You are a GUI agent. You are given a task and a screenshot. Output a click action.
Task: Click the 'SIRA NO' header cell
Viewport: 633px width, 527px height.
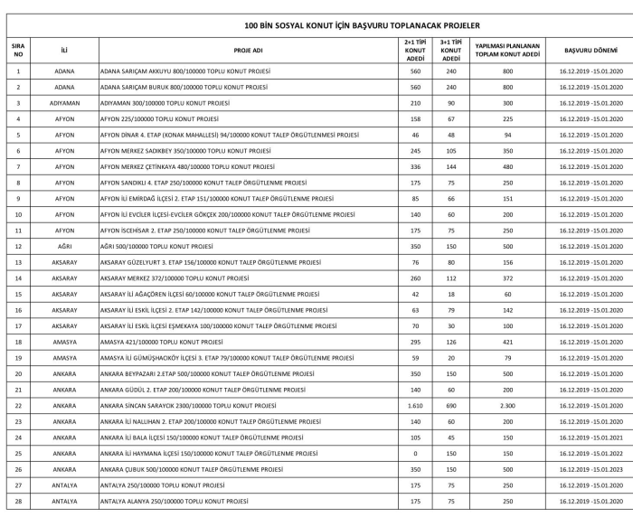click(x=18, y=52)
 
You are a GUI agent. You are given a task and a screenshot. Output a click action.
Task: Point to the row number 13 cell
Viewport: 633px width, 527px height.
click(x=18, y=263)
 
